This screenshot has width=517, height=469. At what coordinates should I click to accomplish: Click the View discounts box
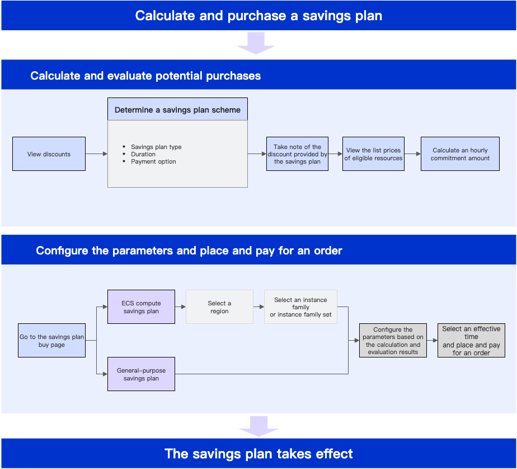click(x=49, y=154)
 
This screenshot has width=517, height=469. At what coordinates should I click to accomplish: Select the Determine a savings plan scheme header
click(x=177, y=109)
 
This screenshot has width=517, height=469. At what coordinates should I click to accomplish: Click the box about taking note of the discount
click(x=297, y=154)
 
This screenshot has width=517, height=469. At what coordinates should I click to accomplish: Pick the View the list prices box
click(x=373, y=154)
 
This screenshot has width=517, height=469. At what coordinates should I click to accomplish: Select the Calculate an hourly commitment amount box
click(x=460, y=154)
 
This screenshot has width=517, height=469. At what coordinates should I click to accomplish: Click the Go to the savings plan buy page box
click(x=52, y=341)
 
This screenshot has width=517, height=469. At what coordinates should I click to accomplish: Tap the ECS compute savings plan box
click(x=141, y=307)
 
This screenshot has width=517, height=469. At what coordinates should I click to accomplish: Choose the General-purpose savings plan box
click(x=141, y=374)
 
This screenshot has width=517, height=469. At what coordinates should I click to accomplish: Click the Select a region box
click(x=219, y=307)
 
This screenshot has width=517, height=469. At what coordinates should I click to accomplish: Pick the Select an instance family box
click(x=300, y=307)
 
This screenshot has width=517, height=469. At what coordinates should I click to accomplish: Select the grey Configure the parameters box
click(x=393, y=341)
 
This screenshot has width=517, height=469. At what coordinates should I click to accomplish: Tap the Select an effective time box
click(x=471, y=341)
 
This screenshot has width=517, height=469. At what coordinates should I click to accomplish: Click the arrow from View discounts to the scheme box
click(x=97, y=154)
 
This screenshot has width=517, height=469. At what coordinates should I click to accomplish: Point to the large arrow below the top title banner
click(x=256, y=43)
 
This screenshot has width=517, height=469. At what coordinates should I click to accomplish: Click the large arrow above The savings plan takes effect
click(x=259, y=426)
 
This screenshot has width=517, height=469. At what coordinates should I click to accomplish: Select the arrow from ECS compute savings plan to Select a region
click(x=180, y=307)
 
